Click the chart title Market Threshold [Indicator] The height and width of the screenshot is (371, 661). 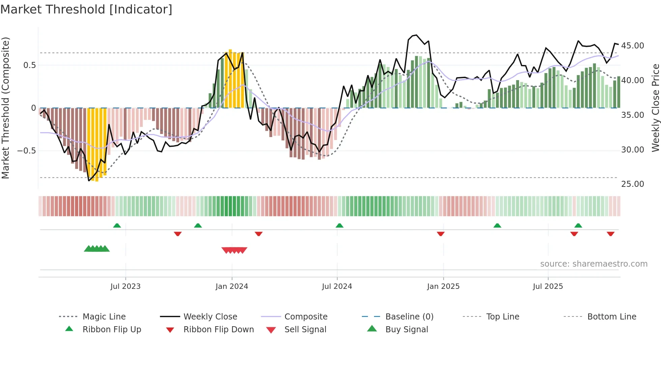pos(86,9)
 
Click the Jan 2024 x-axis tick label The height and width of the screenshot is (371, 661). pos(232,286)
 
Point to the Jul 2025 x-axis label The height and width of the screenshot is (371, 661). pos(548,286)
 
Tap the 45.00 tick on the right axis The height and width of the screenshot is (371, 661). pos(632,46)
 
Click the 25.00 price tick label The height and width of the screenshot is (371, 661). pos(632,184)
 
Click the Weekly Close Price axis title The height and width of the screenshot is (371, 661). pos(655,108)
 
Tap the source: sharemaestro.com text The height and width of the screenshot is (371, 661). pos(594,264)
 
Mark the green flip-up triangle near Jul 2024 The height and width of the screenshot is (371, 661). pos(340,226)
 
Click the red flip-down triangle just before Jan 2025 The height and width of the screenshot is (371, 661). pos(440,234)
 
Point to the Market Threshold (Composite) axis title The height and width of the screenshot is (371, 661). pos(5,108)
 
